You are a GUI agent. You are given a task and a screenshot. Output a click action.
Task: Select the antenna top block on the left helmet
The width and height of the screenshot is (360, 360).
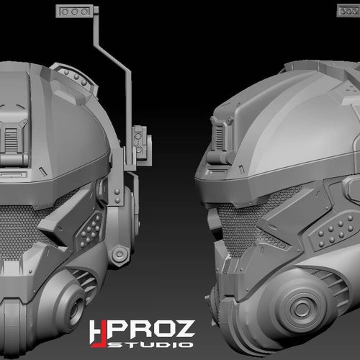tap(76, 11)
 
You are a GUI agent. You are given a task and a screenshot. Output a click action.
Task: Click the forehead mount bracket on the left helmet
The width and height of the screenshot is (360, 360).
tap(14, 137)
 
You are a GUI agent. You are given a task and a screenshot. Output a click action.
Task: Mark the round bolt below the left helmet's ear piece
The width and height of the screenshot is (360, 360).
tap(122, 253)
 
